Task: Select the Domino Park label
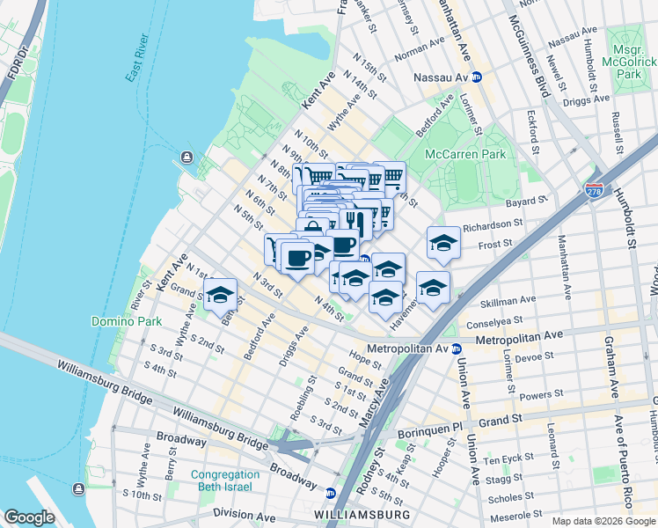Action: (120, 321)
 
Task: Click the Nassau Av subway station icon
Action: (476, 77)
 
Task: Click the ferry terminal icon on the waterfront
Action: (186, 158)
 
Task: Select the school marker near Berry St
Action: (219, 294)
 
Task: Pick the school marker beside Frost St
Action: (443, 242)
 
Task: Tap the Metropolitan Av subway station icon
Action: (457, 348)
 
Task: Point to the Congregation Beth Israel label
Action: (225, 480)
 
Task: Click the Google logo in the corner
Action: (29, 517)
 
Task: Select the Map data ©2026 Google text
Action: (603, 521)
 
